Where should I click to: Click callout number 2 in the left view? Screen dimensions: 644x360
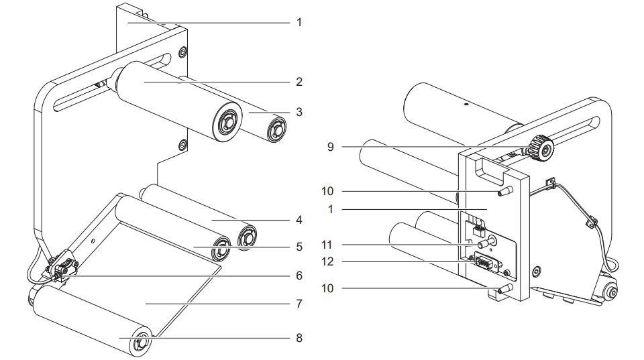[x=299, y=82]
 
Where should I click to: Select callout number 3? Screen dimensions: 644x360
[x=299, y=112]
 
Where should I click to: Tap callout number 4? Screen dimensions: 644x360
[x=299, y=220]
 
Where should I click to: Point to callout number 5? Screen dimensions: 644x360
[x=299, y=247]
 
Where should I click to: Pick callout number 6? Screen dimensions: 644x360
[x=299, y=276]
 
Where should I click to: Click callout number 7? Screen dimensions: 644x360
[x=299, y=304]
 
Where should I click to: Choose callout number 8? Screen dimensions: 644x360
[x=299, y=338]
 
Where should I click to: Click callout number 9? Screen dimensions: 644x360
[x=331, y=147]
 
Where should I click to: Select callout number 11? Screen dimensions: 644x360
[x=327, y=245]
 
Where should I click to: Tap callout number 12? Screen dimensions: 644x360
[x=327, y=261]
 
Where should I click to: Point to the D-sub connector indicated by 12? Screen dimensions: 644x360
[x=486, y=261]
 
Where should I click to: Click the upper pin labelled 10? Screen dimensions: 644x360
[x=505, y=191]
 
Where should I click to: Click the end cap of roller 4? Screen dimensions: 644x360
[x=248, y=237]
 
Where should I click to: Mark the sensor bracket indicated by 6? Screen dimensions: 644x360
[x=63, y=267]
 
